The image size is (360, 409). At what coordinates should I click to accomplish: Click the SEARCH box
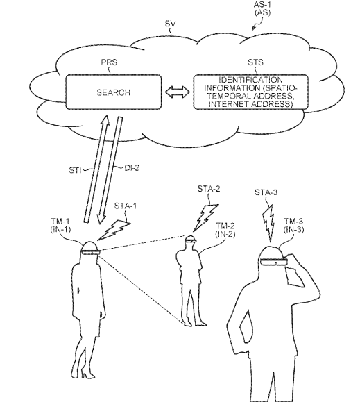pos(113,92)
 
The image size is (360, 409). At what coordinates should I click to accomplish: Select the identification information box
pos(251,92)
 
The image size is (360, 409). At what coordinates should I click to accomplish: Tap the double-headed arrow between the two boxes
pos(178,92)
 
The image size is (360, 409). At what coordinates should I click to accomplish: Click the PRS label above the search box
pos(109,62)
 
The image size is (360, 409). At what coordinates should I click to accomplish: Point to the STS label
pos(255,62)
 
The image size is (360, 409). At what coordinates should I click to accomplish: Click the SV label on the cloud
pos(171,24)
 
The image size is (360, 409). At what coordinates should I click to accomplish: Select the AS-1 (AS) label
pos(262,8)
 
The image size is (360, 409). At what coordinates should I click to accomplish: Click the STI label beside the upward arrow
pos(75,170)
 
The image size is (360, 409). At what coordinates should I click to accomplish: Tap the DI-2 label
pos(132,168)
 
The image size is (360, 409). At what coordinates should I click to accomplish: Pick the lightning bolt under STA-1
pos(113,230)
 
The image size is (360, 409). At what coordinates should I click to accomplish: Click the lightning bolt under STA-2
pos(205,217)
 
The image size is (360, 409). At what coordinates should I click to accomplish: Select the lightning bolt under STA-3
pos(268,222)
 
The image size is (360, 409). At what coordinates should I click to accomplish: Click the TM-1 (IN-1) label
pos(60,226)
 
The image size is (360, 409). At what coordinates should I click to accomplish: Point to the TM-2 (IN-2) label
pos(225,230)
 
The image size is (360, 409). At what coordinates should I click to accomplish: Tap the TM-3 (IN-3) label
pos(293,226)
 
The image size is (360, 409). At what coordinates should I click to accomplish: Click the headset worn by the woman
pos(90,252)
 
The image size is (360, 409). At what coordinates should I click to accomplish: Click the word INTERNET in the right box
pos(228,104)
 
